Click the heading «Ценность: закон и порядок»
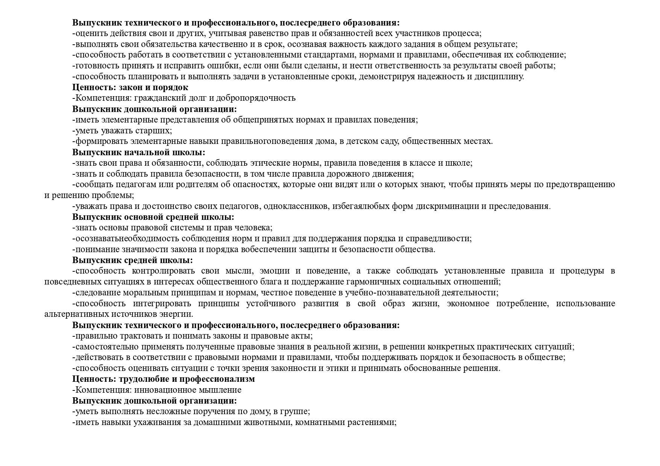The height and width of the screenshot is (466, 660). coord(130,88)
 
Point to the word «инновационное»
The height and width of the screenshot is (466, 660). coord(162,390)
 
